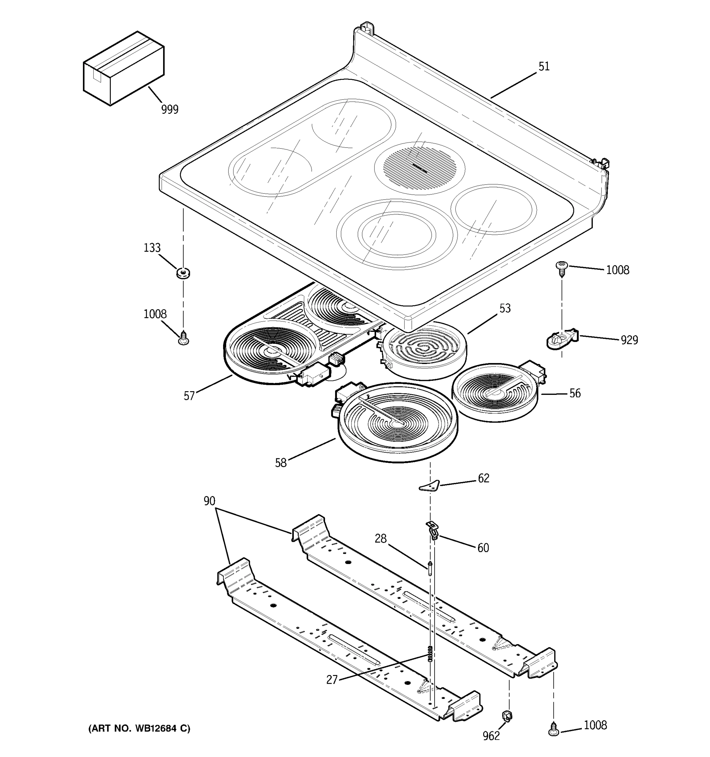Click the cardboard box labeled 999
[123, 68]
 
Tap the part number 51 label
[544, 67]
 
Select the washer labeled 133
[183, 273]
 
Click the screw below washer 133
[183, 337]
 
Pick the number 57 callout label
[189, 396]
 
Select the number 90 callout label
[209, 501]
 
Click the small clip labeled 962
[507, 715]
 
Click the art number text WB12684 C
[139, 728]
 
